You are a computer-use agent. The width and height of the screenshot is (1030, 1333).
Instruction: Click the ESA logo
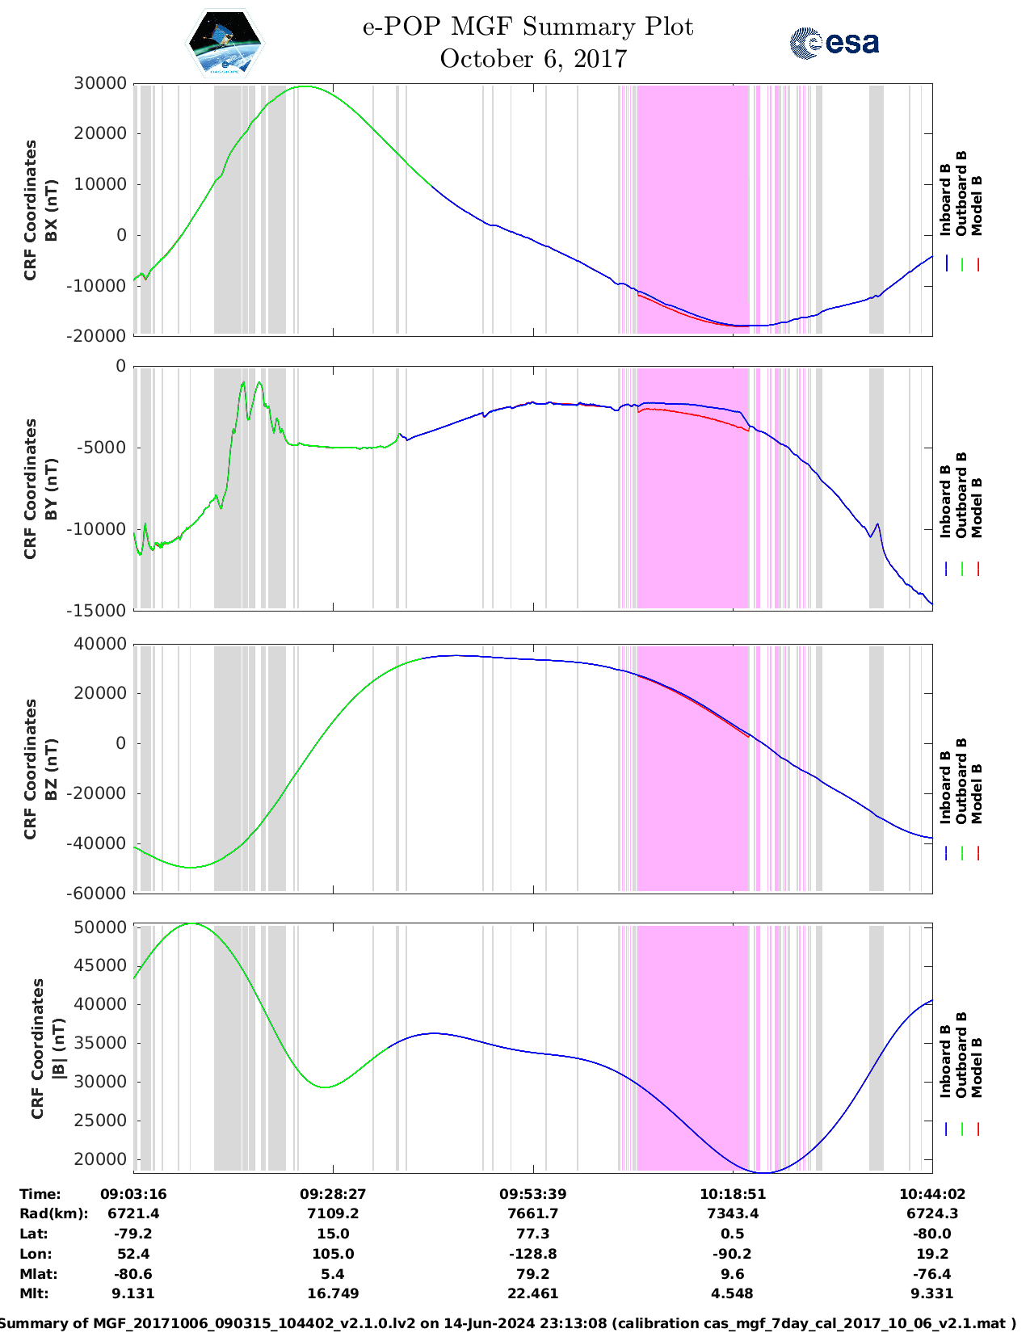pyautogui.click(x=835, y=43)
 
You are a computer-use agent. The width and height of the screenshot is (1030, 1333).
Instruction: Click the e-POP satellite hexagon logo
pyautogui.click(x=225, y=43)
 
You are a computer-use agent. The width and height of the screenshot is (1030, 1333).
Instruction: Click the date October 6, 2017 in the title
pyautogui.click(x=533, y=59)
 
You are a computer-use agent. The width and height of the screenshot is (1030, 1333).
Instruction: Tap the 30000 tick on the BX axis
pyautogui.click(x=100, y=83)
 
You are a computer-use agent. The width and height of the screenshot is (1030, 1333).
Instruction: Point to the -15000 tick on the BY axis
pyautogui.click(x=100, y=610)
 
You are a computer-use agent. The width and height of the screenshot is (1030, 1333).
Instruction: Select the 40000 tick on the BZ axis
pyautogui.click(x=100, y=644)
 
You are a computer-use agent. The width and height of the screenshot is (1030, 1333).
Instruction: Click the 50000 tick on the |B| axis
pyautogui.click(x=100, y=927)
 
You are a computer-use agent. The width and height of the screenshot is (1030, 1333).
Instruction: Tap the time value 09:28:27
pyautogui.click(x=333, y=1194)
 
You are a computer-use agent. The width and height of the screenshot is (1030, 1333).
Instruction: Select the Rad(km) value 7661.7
pyautogui.click(x=533, y=1213)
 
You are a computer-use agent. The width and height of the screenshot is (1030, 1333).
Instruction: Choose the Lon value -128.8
pyautogui.click(x=533, y=1254)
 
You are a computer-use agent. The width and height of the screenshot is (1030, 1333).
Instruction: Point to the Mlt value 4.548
pyautogui.click(x=733, y=1293)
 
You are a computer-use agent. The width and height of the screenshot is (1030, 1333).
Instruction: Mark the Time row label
pyautogui.click(x=40, y=1194)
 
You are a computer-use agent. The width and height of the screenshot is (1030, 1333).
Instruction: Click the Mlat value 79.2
pyautogui.click(x=533, y=1274)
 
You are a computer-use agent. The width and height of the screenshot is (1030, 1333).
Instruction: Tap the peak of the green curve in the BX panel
pyautogui.click(x=304, y=86)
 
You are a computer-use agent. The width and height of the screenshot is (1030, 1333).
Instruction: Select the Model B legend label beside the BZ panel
pyautogui.click(x=977, y=793)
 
